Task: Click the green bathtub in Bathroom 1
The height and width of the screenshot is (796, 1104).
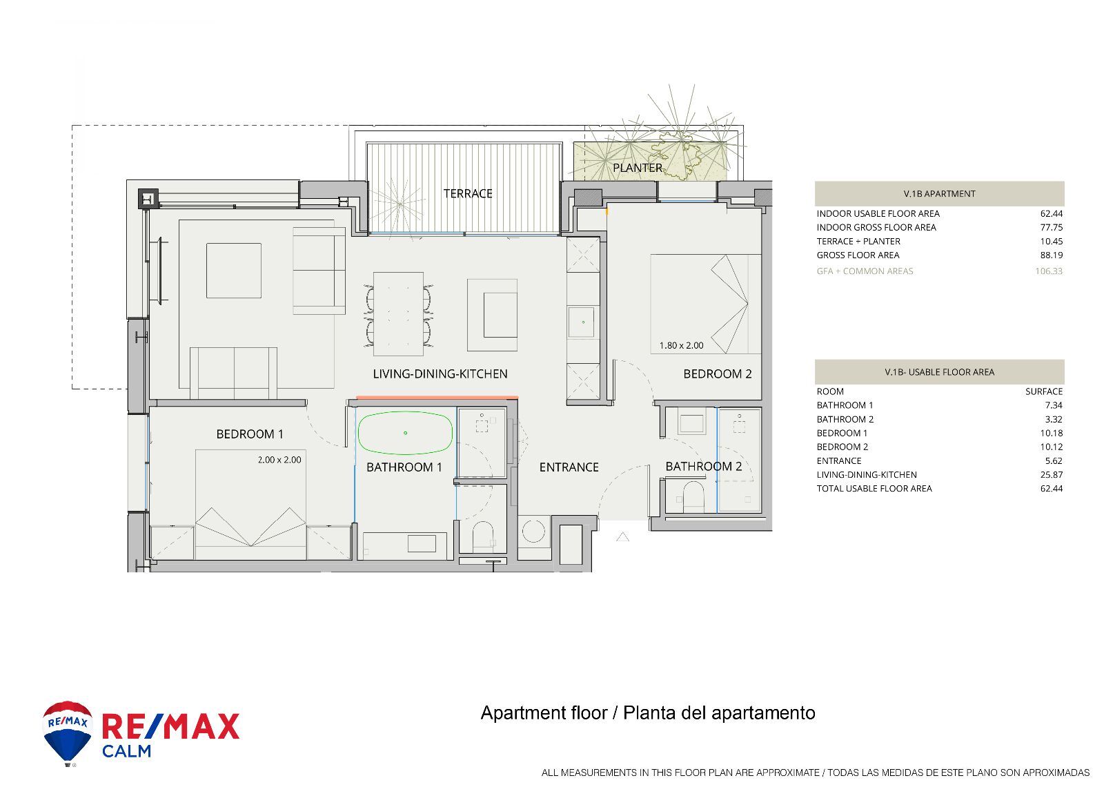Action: tap(404, 433)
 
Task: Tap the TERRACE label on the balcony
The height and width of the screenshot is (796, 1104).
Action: tap(468, 194)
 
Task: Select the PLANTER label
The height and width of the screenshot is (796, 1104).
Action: tap(638, 168)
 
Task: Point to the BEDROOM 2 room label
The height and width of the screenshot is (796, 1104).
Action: tap(718, 374)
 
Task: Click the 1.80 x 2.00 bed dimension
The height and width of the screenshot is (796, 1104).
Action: tap(681, 346)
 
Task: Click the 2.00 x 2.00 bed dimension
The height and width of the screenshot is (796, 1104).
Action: tap(279, 460)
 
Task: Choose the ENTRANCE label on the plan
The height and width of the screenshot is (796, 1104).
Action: tap(569, 467)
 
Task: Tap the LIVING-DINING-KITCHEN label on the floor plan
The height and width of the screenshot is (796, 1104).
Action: tap(440, 374)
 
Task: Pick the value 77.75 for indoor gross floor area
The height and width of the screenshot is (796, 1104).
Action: tap(1052, 227)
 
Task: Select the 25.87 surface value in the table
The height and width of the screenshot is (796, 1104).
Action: tap(1052, 475)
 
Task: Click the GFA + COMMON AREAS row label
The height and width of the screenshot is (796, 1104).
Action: tap(865, 271)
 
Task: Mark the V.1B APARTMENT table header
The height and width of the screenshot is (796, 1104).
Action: tap(939, 194)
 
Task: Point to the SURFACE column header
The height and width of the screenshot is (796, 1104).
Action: tap(1044, 391)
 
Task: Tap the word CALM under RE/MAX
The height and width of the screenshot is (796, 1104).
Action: tap(127, 751)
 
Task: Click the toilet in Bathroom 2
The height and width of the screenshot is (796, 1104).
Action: tap(693, 494)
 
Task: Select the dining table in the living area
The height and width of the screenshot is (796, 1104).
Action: tap(398, 314)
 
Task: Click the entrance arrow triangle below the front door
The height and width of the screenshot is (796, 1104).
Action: tap(622, 537)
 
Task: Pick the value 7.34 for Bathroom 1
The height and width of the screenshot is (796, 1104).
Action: tap(1054, 405)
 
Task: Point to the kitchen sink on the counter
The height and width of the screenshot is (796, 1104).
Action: tap(582, 322)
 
